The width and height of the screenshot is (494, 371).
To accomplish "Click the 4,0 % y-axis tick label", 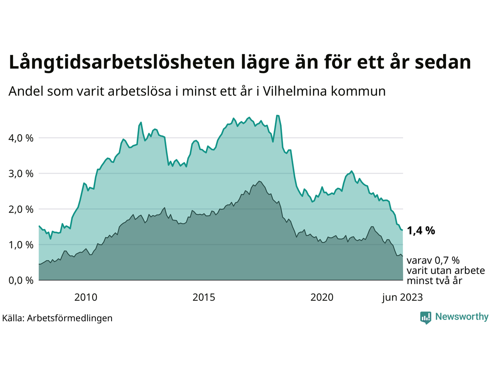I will [x=21, y=138].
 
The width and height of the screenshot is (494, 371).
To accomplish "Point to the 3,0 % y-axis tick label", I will [x=21, y=174].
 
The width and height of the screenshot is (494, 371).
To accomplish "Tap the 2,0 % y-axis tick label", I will [x=21, y=209].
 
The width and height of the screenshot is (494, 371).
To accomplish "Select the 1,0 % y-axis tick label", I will [x=21, y=245].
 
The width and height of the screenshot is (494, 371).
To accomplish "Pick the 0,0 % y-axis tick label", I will [x=21, y=280].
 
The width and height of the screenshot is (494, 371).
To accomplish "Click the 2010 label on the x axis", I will [x=86, y=297].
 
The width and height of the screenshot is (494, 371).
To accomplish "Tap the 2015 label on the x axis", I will [x=204, y=297].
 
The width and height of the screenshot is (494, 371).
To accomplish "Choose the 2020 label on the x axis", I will [x=322, y=297].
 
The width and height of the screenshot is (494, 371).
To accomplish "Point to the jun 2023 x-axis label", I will [x=403, y=297].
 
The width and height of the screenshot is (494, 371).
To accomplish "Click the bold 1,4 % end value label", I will [x=421, y=231].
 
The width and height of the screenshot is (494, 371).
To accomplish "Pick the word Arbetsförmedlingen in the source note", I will [x=70, y=318].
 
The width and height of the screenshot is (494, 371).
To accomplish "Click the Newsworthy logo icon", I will [x=426, y=317].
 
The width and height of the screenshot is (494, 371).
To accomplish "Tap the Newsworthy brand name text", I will [x=462, y=317].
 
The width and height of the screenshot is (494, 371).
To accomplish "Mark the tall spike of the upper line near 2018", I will [x=277, y=116].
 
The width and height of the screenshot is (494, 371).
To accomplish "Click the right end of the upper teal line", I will [x=403, y=230].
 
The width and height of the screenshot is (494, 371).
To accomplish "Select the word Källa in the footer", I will [x=13, y=318].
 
